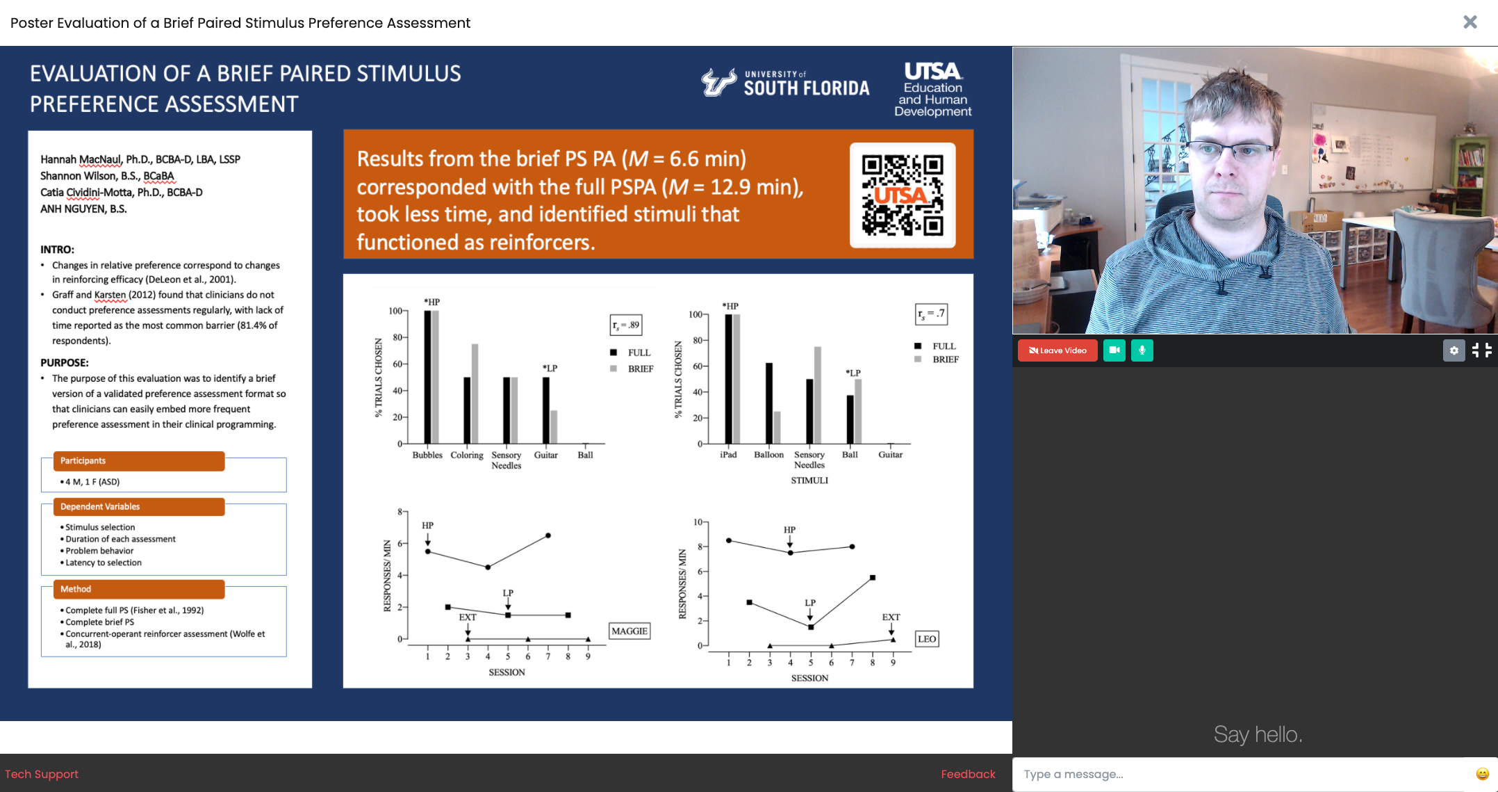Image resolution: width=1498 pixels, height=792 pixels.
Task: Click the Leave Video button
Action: point(1057,350)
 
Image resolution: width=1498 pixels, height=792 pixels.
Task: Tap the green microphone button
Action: point(1142,350)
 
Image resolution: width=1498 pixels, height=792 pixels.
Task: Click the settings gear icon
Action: point(1454,350)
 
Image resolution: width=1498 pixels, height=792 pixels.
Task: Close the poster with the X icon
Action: point(1470,22)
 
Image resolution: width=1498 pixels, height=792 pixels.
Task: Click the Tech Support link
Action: point(42,774)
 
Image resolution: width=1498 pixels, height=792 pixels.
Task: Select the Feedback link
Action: point(968,774)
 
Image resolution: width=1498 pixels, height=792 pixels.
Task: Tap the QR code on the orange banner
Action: point(903,195)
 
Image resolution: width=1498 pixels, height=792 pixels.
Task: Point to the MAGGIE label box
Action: point(629,631)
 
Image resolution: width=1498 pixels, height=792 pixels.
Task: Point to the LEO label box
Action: point(927,639)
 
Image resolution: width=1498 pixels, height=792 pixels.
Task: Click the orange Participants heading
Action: point(139,461)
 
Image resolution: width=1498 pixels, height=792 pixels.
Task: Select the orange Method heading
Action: point(139,589)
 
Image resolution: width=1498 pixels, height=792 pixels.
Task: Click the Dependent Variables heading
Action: point(139,507)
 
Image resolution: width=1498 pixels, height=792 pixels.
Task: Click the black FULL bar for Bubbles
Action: point(428,377)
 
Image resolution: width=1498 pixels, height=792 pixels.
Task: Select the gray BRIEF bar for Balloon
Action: point(777,428)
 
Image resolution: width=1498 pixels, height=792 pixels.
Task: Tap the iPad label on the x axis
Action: point(728,455)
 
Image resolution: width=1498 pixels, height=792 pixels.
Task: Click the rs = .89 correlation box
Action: point(625,325)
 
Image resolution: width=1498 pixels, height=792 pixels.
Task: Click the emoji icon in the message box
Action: point(1482,774)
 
